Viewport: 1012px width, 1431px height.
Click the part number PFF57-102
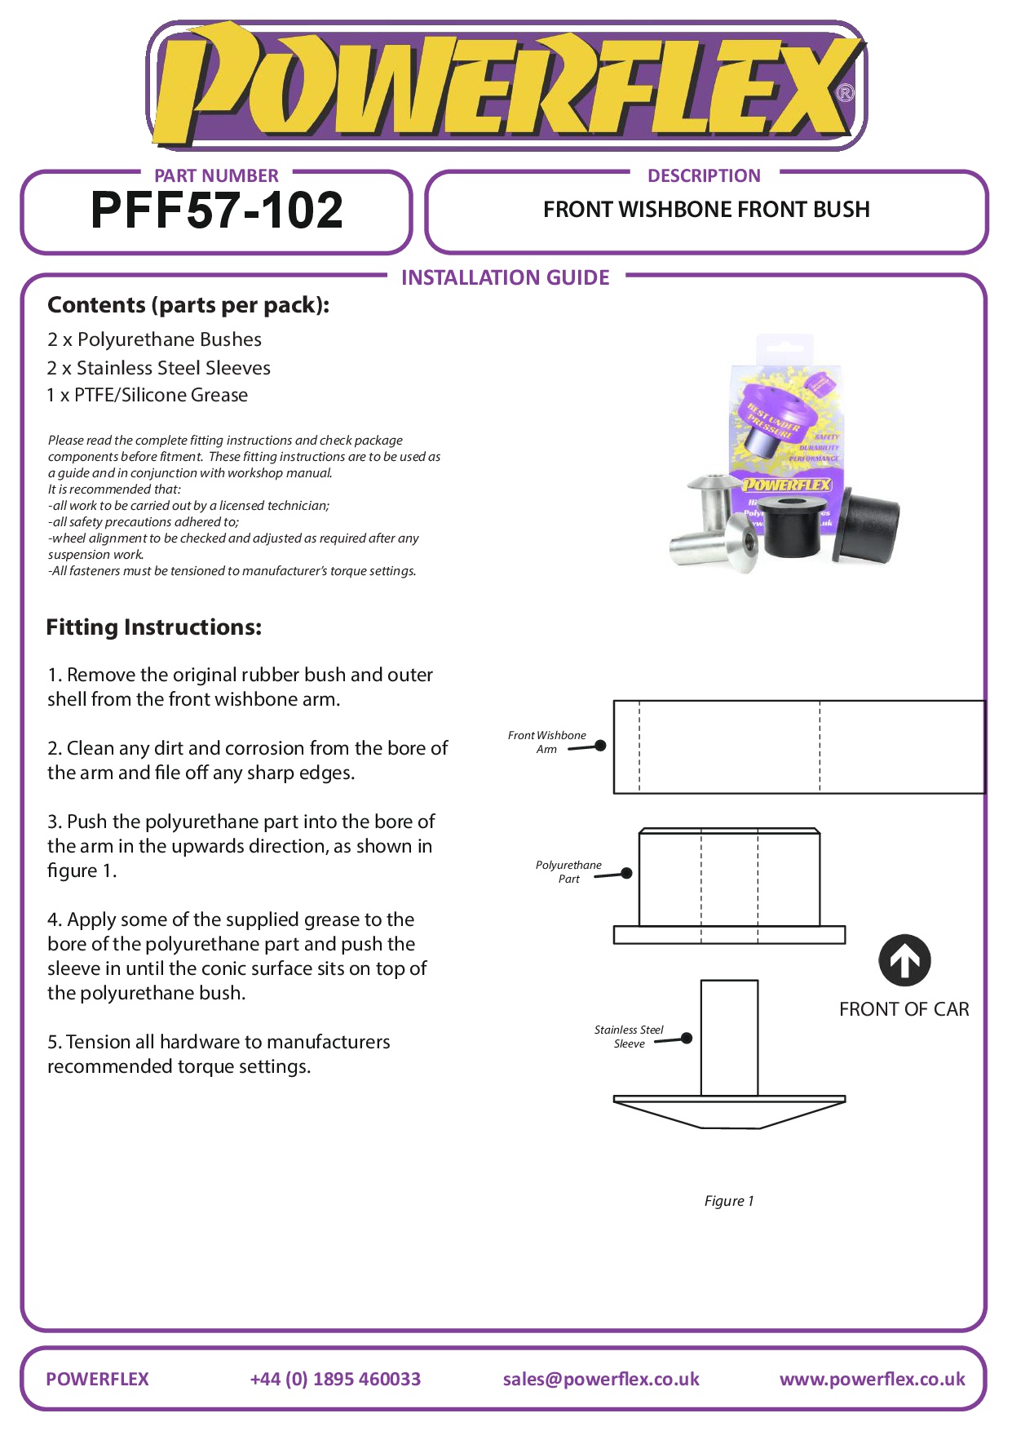(217, 210)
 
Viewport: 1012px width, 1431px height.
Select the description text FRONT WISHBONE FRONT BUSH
(706, 210)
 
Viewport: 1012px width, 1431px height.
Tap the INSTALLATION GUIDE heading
(505, 277)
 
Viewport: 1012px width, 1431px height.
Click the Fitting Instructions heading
(154, 627)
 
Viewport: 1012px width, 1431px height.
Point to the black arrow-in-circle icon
(904, 960)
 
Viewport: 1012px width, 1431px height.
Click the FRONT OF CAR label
(904, 1009)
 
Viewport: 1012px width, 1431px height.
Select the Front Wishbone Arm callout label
(546, 742)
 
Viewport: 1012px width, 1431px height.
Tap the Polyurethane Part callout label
(568, 871)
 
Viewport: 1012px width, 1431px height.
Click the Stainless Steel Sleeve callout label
(629, 1036)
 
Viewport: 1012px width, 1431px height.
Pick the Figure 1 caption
(729, 1200)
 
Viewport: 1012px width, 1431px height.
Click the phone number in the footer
(335, 1379)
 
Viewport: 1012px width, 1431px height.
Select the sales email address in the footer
(601, 1379)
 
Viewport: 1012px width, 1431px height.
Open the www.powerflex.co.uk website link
(872, 1379)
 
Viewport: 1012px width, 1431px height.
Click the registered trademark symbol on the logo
(846, 93)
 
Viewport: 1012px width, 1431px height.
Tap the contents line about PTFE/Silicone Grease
(148, 395)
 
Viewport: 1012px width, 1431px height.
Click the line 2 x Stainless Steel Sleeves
(159, 368)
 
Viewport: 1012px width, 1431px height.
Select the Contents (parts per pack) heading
(188, 305)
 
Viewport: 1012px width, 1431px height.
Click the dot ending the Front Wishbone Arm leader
(601, 745)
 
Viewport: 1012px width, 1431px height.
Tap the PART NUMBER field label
(216, 175)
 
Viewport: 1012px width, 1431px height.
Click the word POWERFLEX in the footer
(98, 1379)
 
